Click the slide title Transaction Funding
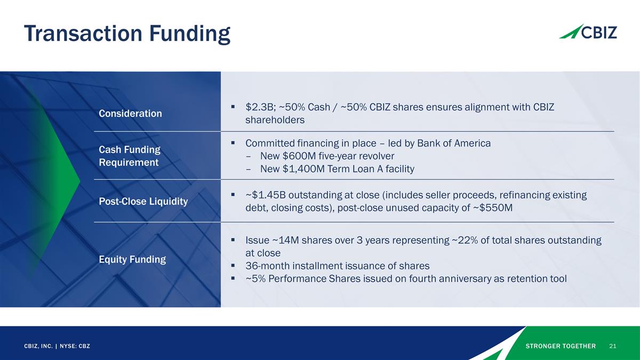pyautogui.click(x=127, y=34)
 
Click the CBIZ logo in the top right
pyautogui.click(x=588, y=31)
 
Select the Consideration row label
pyautogui.click(x=130, y=114)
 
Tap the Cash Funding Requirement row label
pyautogui.click(x=130, y=156)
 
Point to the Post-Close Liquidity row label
pyautogui.click(x=143, y=202)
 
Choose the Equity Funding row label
pyautogui.click(x=132, y=260)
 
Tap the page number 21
pyautogui.click(x=612, y=346)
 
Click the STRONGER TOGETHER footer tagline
pyautogui.click(x=561, y=346)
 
